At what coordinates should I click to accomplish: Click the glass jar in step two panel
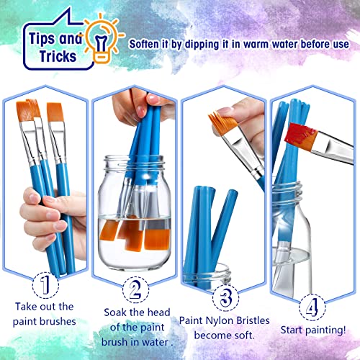pyautogui.click(x=134, y=216)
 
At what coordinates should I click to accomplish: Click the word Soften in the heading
pyautogui.click(x=150, y=43)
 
